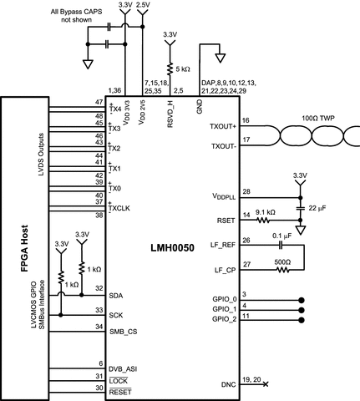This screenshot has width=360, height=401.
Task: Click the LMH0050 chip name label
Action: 172,248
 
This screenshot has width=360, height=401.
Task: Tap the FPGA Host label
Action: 25,248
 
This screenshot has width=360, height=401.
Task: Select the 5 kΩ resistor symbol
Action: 170,69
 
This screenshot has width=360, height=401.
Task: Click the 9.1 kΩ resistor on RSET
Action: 262,221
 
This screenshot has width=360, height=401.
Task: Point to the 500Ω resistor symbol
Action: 282,270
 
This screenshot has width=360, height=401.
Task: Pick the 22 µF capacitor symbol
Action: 300,208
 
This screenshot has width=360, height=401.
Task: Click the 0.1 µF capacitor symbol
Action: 281,245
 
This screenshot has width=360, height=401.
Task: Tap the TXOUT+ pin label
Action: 223,126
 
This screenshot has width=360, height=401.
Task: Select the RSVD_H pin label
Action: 170,114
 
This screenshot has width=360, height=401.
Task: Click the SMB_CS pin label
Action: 123,332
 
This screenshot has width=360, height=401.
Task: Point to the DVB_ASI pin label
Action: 123,369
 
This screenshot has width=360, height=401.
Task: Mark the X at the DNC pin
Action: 266,384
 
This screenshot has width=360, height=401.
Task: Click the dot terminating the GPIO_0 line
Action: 301,300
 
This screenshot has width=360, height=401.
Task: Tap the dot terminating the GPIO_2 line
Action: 301,320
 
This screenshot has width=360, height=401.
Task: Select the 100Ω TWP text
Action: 318,118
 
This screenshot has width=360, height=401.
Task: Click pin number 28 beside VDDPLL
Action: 246,191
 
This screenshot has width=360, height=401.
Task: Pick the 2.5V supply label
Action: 143,5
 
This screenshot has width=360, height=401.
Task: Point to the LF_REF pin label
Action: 223,245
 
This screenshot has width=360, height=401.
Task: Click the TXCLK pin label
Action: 119,208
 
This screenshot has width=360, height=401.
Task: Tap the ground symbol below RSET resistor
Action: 301,230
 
